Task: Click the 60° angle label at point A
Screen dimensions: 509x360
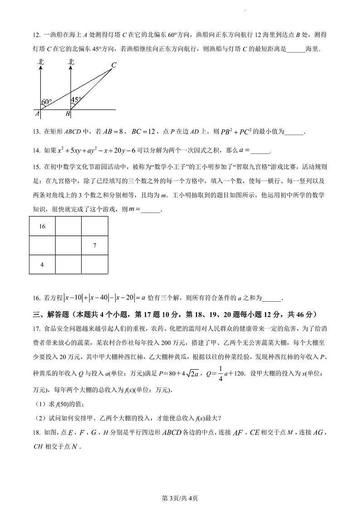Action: tap(46, 102)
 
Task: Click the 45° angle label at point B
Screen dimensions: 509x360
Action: tap(76, 99)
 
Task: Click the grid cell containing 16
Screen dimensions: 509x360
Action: tap(42, 226)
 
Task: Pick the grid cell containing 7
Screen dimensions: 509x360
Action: tap(94, 245)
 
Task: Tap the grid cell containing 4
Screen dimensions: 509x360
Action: tap(42, 264)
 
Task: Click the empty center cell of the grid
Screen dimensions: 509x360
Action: tap(68, 245)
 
